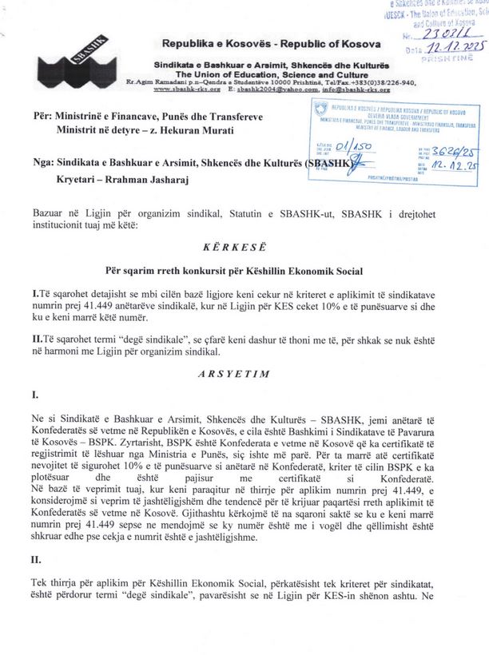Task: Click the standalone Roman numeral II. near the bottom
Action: (x=36, y=560)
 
